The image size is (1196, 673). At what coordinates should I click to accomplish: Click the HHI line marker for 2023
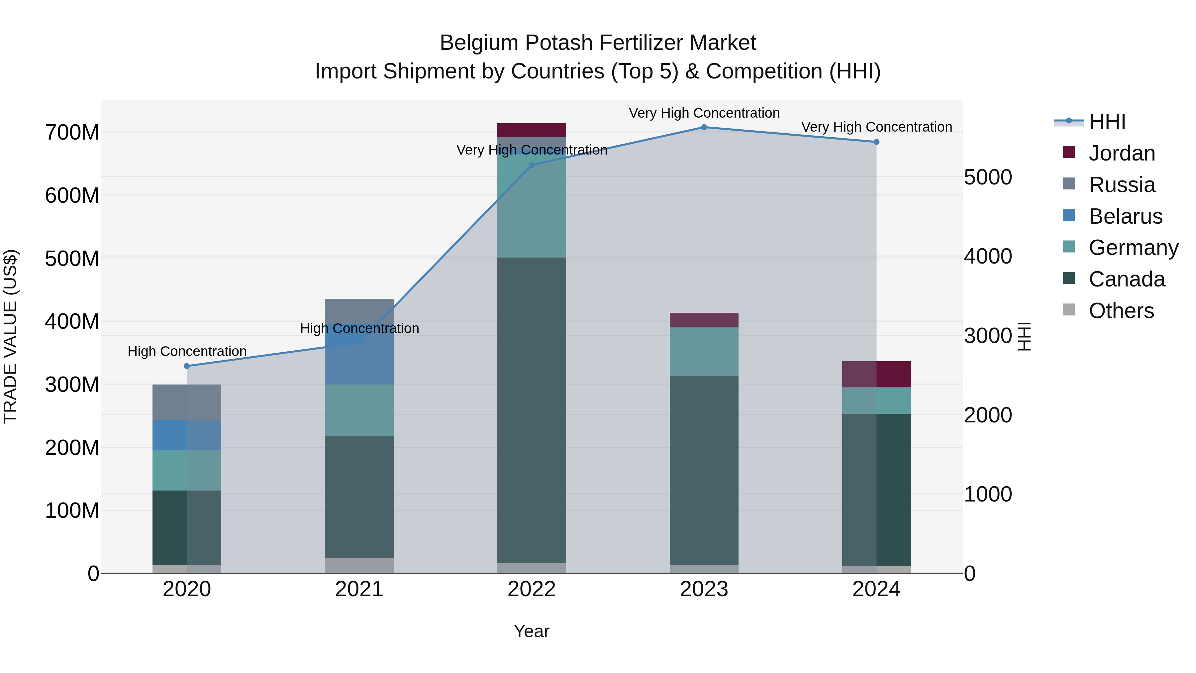click(x=704, y=127)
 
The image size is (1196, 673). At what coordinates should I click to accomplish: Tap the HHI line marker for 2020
click(x=187, y=366)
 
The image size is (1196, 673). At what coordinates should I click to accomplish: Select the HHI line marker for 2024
click(x=876, y=142)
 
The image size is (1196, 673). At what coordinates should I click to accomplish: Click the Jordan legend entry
click(x=1121, y=153)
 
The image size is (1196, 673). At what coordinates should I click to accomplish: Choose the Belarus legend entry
click(x=1125, y=216)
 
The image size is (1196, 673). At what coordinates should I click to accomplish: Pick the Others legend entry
click(x=1121, y=311)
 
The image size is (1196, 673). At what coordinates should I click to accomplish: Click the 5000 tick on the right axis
click(x=988, y=177)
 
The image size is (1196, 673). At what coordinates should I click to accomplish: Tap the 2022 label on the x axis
click(x=532, y=589)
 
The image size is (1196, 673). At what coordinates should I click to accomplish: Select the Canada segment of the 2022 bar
click(x=532, y=409)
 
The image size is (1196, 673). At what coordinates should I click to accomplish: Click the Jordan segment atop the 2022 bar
click(x=532, y=130)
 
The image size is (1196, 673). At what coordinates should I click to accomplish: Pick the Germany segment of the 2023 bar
click(x=704, y=351)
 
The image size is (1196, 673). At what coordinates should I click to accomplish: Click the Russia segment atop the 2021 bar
click(x=359, y=310)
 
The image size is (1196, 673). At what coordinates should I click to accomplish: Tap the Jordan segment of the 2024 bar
click(x=876, y=374)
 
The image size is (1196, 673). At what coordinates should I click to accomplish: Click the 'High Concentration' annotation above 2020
click(x=187, y=351)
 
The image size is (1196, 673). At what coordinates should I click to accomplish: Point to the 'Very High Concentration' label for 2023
click(x=704, y=113)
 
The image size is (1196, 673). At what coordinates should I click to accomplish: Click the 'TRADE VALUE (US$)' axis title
click(x=10, y=336)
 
